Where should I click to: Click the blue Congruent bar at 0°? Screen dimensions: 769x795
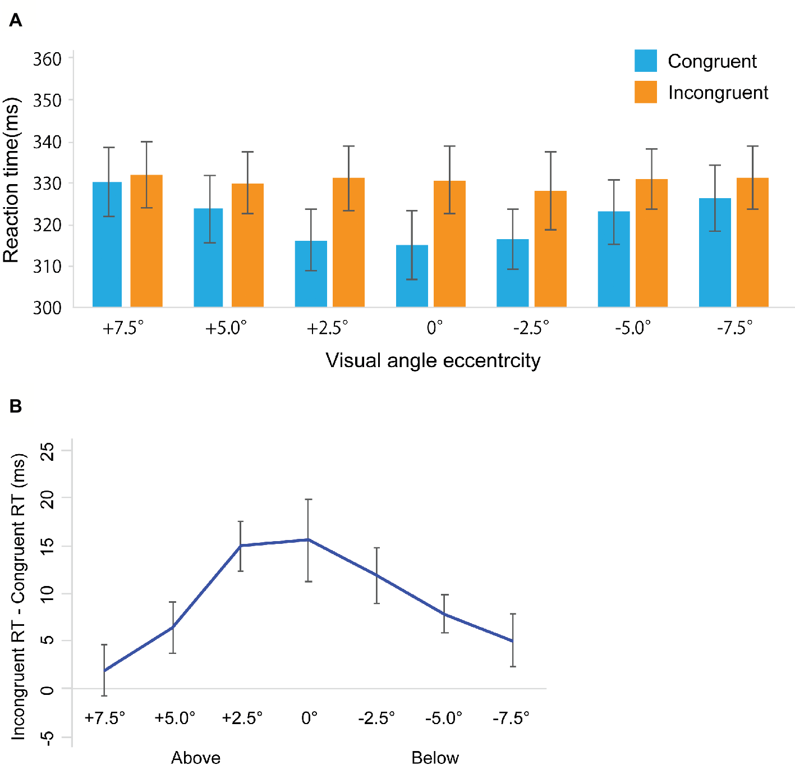412,276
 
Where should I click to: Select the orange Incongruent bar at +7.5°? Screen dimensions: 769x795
146,241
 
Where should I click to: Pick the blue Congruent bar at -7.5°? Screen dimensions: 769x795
715,253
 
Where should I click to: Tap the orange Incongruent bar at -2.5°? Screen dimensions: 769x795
550,249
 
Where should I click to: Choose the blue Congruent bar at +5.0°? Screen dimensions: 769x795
208,258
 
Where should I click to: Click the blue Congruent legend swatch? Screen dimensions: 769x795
645,61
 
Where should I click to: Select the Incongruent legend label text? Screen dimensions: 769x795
718,93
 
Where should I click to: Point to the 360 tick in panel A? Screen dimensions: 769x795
47,59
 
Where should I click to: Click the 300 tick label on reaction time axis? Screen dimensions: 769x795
47,308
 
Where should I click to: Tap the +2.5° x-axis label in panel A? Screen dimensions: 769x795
327,328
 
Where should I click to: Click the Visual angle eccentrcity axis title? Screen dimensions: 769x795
433,360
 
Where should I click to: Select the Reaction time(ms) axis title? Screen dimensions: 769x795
11,180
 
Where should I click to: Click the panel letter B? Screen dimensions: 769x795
16,406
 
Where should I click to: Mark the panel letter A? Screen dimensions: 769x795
16,21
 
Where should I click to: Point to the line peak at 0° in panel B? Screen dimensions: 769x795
308,539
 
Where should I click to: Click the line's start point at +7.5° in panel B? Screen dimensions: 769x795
104,670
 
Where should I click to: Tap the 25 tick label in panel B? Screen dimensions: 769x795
48,451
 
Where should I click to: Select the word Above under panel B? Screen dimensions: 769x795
195,758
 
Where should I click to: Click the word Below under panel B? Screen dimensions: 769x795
435,758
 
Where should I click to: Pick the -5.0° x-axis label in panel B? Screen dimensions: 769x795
443,718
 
